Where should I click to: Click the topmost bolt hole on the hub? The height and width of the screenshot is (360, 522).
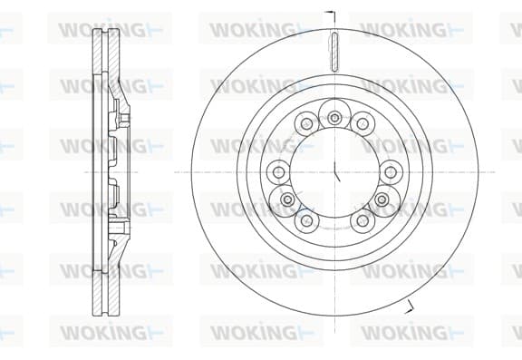tap(334, 117)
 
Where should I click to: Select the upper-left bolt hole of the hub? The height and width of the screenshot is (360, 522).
tap(305, 124)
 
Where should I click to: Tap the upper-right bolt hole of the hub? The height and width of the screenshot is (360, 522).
tap(362, 124)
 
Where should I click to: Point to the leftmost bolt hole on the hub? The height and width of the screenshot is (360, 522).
tap(278, 172)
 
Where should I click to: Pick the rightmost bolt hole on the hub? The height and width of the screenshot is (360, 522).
tap(391, 172)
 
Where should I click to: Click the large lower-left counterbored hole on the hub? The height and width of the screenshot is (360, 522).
tap(287, 199)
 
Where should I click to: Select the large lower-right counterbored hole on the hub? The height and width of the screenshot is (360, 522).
tap(382, 199)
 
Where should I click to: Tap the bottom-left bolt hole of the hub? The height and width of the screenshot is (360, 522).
tap(306, 220)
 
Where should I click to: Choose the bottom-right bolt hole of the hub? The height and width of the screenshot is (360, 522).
tap(362, 220)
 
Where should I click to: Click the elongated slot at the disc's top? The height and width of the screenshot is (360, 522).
tap(334, 52)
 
